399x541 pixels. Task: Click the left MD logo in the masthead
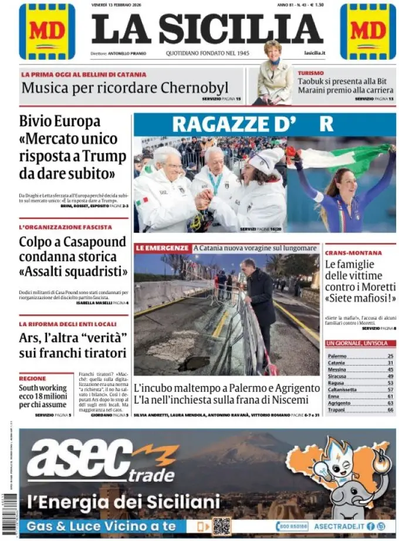[47, 31]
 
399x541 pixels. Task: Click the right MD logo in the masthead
[368, 31]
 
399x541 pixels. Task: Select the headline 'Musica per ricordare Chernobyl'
[125, 88]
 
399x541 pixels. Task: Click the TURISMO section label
[310, 73]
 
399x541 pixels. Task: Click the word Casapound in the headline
[93, 242]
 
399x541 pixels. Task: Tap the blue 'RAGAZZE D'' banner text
[252, 124]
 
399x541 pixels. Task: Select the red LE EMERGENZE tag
[163, 248]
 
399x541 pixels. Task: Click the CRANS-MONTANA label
[353, 253]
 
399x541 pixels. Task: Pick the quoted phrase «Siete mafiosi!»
[360, 298]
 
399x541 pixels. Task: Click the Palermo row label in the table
[337, 356]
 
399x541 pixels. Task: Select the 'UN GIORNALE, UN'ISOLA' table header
[354, 343]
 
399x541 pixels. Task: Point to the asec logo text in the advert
[88, 459]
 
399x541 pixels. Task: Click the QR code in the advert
[221, 526]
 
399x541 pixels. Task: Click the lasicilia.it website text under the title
[315, 53]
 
